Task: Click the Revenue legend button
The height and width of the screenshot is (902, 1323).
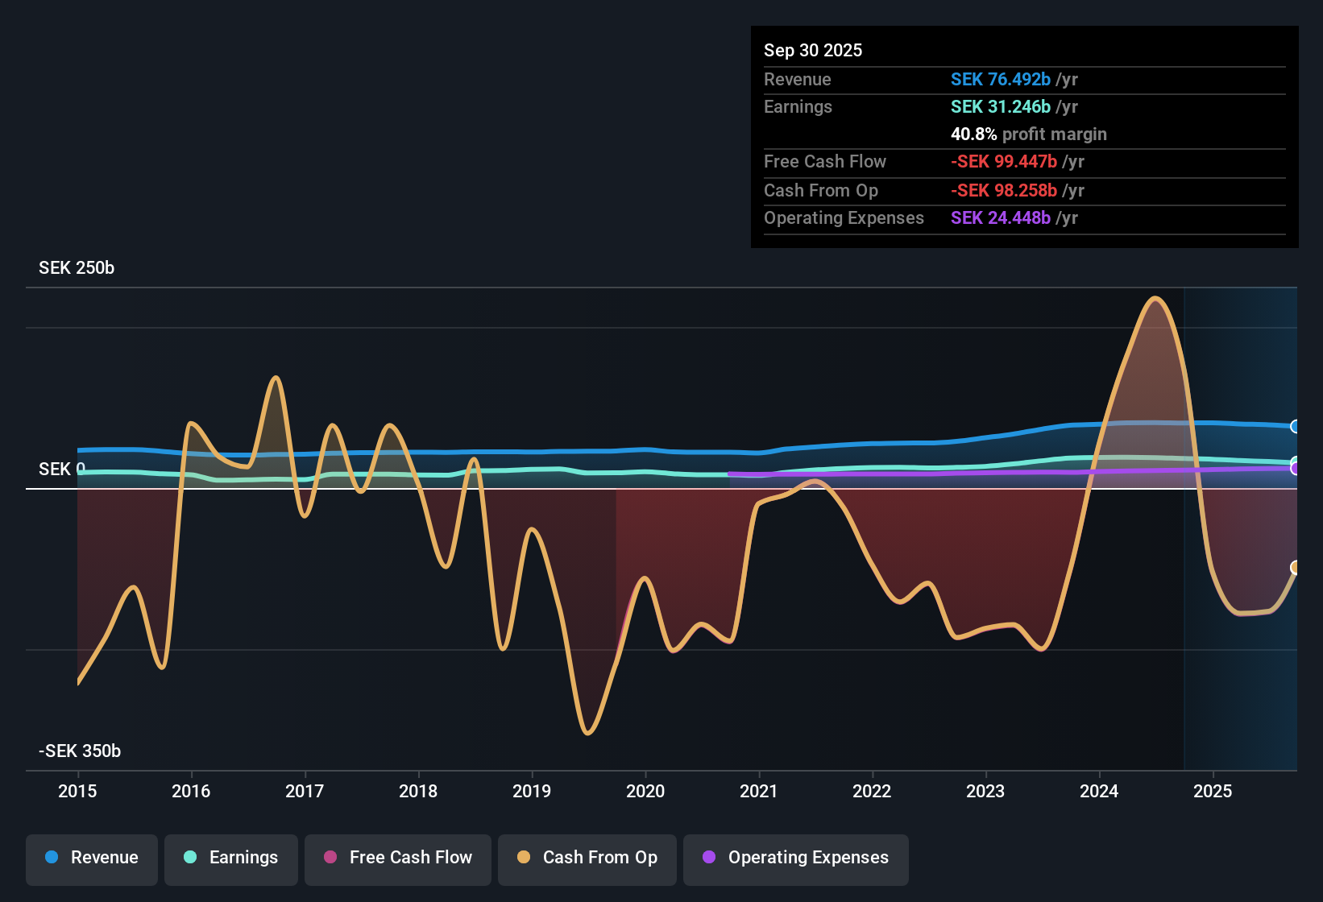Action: coord(92,858)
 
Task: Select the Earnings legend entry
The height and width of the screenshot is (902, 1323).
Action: coord(231,858)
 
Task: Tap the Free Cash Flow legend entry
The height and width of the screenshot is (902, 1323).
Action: coord(398,858)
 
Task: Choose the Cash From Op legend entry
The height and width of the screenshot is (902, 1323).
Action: coord(587,858)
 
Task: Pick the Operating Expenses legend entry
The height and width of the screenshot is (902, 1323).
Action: coord(796,858)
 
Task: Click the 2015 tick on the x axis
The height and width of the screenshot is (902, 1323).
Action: coord(77,791)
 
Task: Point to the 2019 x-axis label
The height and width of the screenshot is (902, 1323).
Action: coord(532,791)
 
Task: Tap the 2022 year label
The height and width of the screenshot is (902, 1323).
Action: coord(872,791)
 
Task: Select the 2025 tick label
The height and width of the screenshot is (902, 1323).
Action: coord(1213,791)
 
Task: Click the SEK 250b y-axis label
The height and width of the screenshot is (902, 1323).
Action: coord(77,268)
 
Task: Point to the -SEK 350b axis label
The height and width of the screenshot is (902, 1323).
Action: coord(80,751)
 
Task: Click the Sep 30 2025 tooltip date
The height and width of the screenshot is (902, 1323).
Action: coord(813,50)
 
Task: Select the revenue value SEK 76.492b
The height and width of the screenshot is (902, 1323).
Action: coord(1001,79)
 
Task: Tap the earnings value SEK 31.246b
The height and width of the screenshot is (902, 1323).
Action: coord(1001,106)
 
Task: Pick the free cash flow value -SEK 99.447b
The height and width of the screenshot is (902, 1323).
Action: coord(1004,161)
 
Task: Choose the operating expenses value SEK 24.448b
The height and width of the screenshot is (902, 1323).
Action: coord(1001,217)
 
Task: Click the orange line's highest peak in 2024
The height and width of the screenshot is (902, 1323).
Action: coord(1155,299)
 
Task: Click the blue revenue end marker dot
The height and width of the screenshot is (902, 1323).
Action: coord(1295,426)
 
